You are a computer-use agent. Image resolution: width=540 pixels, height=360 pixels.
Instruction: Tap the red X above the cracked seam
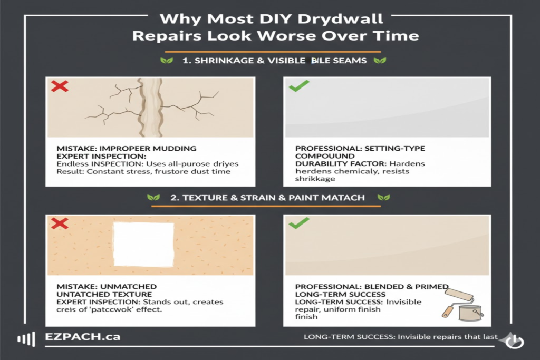point(60,86)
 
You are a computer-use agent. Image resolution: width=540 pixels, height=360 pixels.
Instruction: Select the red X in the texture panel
point(60,224)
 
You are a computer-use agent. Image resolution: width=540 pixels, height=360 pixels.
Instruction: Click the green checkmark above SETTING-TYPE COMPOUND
point(298,86)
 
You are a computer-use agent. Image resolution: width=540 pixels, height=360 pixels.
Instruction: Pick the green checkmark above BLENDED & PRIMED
point(298,224)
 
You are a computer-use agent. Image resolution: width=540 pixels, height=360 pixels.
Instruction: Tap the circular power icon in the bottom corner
point(514,342)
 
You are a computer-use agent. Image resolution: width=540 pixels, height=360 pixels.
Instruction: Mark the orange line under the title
point(273,52)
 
